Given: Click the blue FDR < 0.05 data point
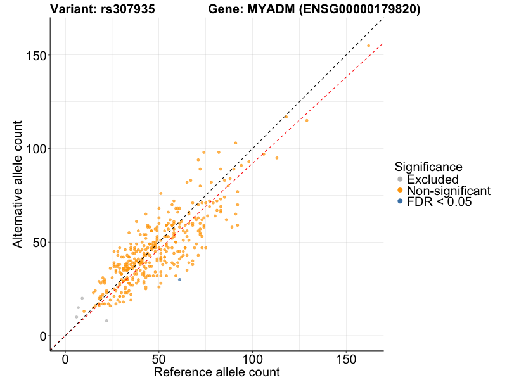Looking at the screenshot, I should tap(179, 279).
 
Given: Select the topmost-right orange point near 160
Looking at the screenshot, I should tap(368, 46).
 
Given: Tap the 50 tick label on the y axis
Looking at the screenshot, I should tap(38, 243).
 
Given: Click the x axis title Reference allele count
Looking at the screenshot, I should tap(217, 372).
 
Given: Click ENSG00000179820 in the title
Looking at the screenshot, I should tap(356, 9).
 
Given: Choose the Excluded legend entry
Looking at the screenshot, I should tap(432, 179).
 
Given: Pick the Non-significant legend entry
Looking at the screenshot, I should tap(448, 191).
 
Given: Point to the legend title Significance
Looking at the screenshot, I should tap(428, 167).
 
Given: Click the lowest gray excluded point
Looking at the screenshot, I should tap(106, 320).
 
